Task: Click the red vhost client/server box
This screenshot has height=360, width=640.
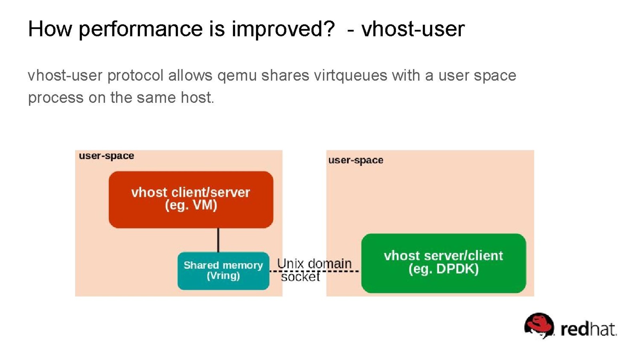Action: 191,200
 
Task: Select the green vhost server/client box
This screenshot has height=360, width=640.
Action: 444,263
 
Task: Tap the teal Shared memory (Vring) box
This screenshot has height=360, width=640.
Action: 223,271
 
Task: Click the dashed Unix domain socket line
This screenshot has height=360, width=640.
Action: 314,271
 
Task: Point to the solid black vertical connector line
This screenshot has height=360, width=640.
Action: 218,240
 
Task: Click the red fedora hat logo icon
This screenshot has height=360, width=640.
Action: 539,326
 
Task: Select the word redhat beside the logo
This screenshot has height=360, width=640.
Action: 588,329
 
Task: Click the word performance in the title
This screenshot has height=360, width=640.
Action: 140,30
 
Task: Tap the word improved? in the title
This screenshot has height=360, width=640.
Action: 283,30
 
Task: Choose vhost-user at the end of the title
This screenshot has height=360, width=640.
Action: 413,29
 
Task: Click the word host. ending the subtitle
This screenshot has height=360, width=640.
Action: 198,98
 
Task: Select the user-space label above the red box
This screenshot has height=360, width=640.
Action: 106,156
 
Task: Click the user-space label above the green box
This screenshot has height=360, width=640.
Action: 356,160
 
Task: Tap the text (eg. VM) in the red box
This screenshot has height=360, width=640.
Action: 191,205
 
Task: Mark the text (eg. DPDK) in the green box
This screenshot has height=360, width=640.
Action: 444,269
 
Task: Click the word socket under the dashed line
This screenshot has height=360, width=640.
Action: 300,276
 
